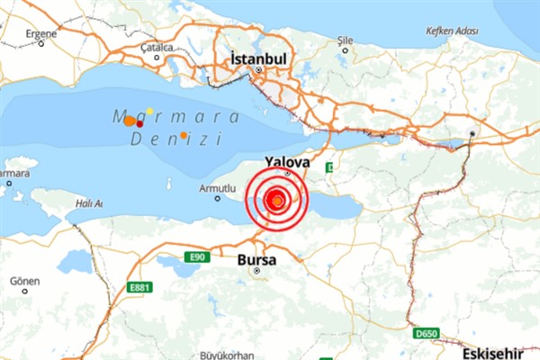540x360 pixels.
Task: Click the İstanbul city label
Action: [258, 58]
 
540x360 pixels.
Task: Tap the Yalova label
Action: [286, 161]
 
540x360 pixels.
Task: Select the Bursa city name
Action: [257, 260]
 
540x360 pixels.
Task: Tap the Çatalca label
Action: [157, 47]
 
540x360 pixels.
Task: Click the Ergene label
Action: [40, 33]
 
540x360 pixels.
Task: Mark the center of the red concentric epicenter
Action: [278, 199]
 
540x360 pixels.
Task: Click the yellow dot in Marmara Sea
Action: [149, 111]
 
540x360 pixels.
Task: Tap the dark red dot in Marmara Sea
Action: [139, 121]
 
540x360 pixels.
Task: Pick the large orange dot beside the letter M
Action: [130, 120]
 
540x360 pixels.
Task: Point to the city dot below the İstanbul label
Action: [258, 70]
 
